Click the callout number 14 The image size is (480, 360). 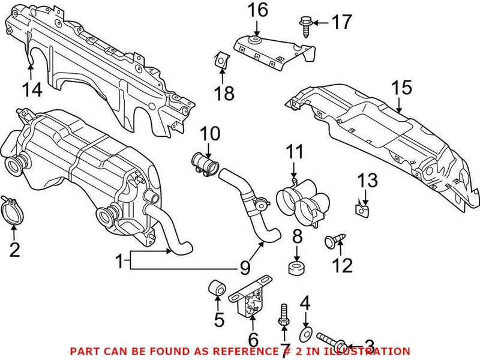(33, 89)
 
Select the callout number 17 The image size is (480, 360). (343, 23)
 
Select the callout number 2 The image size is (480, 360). (14, 248)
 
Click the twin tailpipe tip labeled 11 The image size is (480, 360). (299, 202)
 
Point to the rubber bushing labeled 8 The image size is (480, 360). (295, 266)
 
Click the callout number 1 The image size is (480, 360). (120, 261)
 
